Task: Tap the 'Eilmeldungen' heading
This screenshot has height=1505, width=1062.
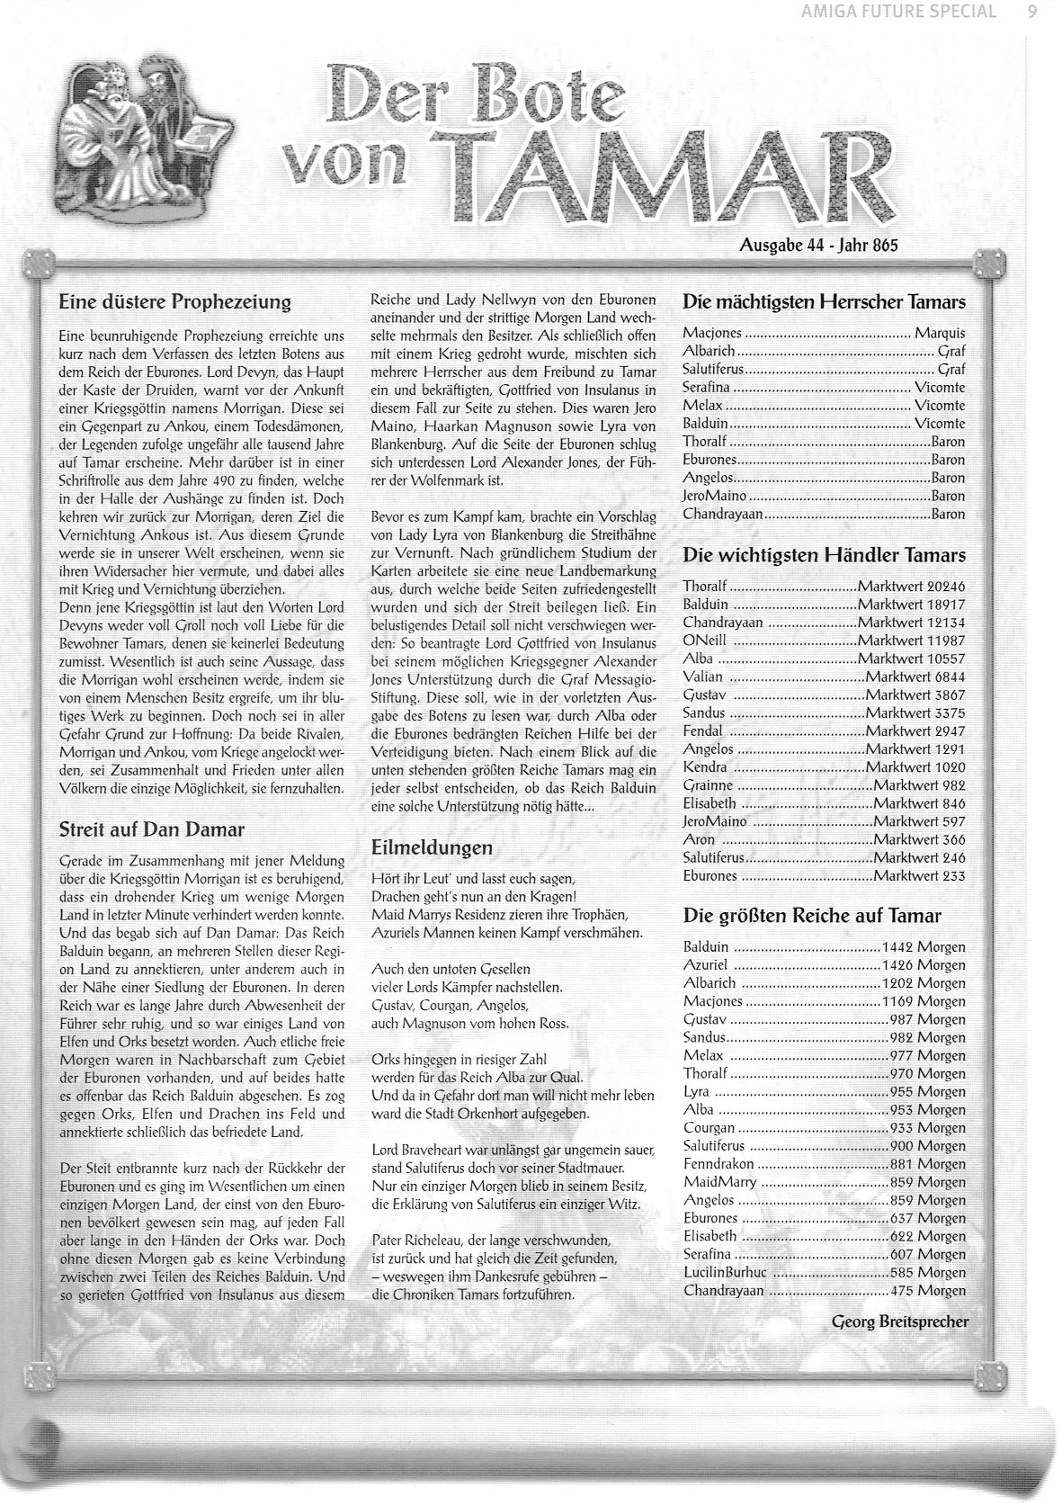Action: pos(432,847)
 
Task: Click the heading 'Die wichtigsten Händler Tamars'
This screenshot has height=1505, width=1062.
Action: pos(824,555)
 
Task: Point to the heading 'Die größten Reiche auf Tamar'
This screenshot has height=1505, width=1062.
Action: pos(812,916)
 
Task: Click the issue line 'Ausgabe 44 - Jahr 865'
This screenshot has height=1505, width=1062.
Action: pos(818,245)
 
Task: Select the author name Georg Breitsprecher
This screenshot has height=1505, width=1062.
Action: pos(900,1321)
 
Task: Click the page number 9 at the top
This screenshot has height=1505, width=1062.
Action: pos(1031,12)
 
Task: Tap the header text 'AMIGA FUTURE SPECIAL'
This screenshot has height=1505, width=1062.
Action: pos(898,12)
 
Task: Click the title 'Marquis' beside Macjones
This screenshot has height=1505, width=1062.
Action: pos(940,333)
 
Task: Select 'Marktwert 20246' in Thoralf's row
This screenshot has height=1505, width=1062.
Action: pos(912,587)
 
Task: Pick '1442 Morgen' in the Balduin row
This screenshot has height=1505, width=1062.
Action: pos(924,946)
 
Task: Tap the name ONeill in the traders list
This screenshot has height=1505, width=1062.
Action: pos(704,641)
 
